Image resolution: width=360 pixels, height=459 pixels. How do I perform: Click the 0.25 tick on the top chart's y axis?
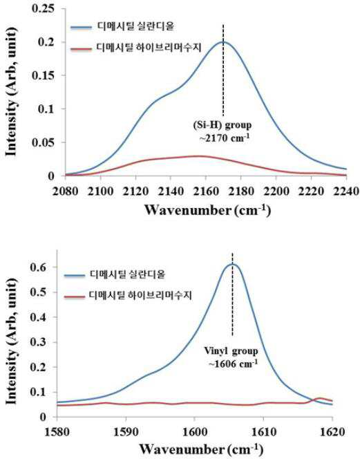pyautogui.click(x=43, y=8)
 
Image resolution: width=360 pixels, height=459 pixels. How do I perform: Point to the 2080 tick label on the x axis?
pyautogui.click(x=65, y=191)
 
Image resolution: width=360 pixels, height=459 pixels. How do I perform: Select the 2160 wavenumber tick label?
pyautogui.click(x=206, y=191)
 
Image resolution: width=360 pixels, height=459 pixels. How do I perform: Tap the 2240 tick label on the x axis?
pyautogui.click(x=346, y=191)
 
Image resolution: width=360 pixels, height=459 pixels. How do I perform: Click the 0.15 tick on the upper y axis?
pyautogui.click(x=43, y=75)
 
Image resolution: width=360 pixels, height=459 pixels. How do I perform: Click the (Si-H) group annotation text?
pyautogui.click(x=222, y=125)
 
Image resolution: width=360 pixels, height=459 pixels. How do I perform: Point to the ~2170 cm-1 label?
pyautogui.click(x=225, y=138)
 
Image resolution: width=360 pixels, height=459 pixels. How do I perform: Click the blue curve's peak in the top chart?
pyautogui.click(x=224, y=42)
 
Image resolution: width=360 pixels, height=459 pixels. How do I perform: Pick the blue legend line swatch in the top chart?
pyautogui.click(x=81, y=28)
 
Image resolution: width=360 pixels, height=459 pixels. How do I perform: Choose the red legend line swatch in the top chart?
pyautogui.click(x=81, y=48)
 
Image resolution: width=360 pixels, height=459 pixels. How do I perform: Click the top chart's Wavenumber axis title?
pyautogui.click(x=207, y=210)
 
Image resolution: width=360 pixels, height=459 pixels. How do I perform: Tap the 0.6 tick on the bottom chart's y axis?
pyautogui.click(x=39, y=267)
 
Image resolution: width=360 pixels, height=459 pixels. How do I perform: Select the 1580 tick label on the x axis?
pyautogui.click(x=57, y=432)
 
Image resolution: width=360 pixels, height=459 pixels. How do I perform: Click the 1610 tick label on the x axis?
pyautogui.click(x=264, y=432)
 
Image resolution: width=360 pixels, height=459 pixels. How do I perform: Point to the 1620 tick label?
pyautogui.click(x=332, y=432)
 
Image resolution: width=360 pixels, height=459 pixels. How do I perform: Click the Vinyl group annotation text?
pyautogui.click(x=231, y=350)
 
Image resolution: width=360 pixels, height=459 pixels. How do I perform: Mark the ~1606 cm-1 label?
pyautogui.click(x=233, y=364)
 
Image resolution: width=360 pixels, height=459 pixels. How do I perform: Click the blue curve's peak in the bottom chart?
pyautogui.click(x=233, y=264)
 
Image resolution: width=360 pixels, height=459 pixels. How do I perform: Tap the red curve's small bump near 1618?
pyautogui.click(x=320, y=398)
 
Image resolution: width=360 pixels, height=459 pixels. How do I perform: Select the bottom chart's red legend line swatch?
pyautogui.click(x=75, y=297)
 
